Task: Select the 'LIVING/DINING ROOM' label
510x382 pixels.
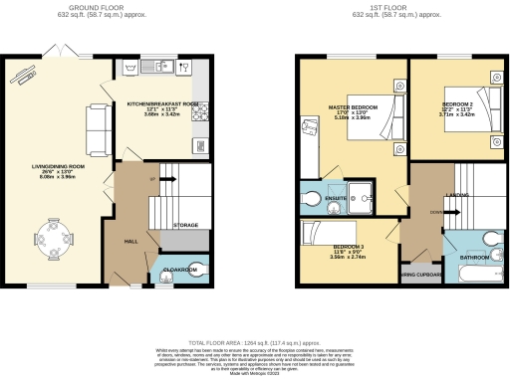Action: (63, 166)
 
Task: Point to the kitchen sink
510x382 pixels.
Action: (160, 68)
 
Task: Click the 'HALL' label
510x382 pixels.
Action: (129, 240)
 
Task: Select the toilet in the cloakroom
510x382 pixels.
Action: (194, 267)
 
